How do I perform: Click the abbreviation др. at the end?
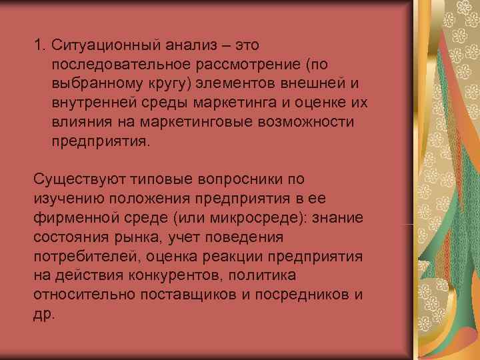pos(42,314)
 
